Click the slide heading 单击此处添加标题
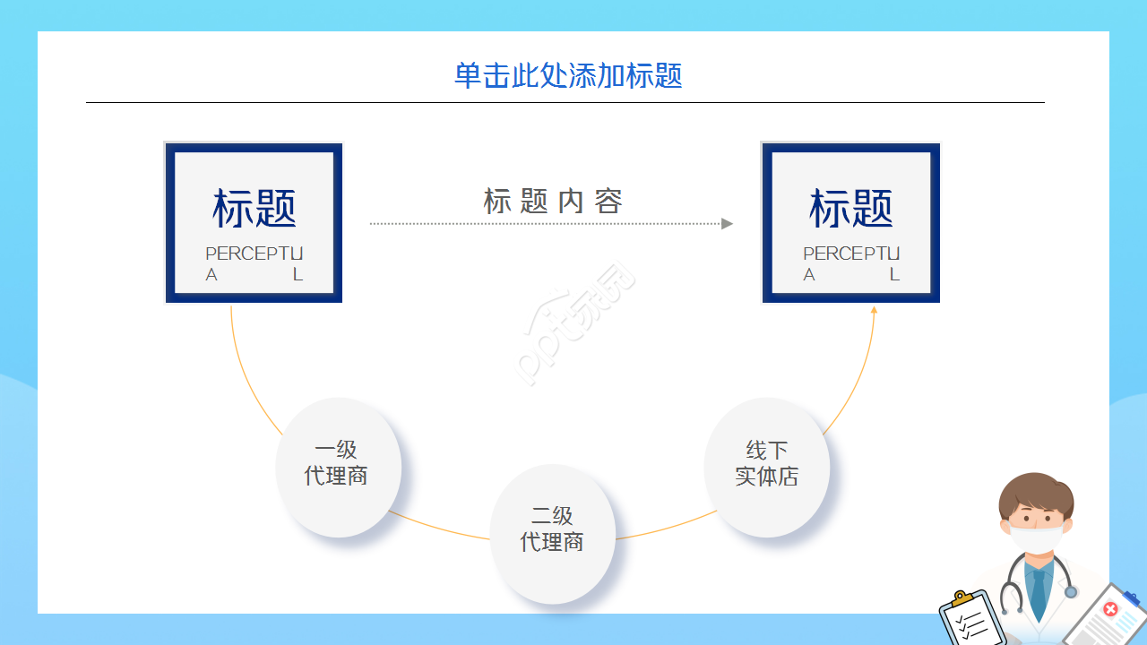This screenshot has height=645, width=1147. click(x=568, y=75)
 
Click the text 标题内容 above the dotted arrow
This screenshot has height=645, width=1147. click(x=553, y=201)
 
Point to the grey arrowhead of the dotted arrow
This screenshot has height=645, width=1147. click(x=727, y=223)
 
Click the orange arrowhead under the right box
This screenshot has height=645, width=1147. click(x=874, y=310)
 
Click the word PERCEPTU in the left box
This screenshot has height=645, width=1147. click(x=254, y=254)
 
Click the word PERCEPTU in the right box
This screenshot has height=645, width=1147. click(x=851, y=254)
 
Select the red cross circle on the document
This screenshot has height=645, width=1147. click(x=1110, y=609)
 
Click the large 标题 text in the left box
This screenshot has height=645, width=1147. click(x=254, y=209)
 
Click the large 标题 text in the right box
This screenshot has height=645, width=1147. click(x=851, y=209)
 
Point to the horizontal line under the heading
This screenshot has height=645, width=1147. click(x=565, y=103)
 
